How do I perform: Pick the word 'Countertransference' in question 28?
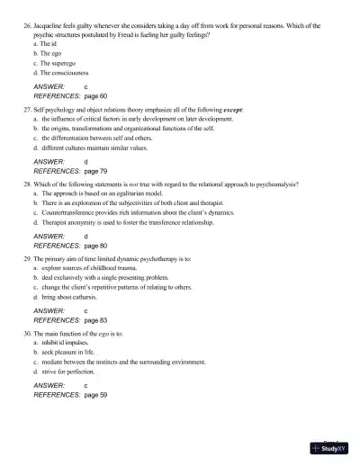[67, 213]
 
